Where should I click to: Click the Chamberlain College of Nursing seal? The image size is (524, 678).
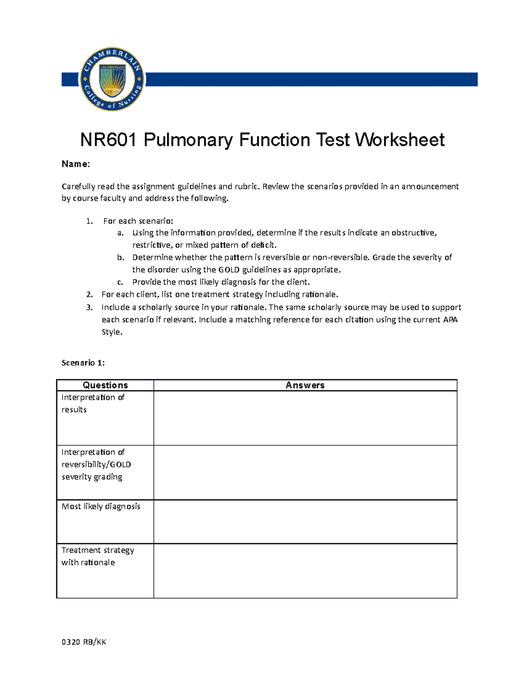112,79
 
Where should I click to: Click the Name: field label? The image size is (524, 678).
76,164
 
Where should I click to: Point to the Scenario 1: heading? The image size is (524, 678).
83,363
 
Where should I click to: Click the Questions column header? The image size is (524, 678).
105,385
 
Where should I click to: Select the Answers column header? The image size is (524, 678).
305,385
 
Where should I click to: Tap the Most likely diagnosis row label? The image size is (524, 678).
101,506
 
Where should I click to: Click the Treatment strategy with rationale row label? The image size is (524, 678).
97,556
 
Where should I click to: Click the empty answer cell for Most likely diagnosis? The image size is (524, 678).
305,522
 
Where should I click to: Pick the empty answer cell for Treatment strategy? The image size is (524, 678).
305,571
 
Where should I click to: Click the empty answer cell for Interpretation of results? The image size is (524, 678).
305,418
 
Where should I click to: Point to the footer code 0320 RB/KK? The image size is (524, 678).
84,642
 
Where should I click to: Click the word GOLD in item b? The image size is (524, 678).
229,270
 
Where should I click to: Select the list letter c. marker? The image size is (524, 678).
120,282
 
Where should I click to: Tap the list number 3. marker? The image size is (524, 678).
90,307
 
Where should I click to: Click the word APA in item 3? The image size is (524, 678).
450,320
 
